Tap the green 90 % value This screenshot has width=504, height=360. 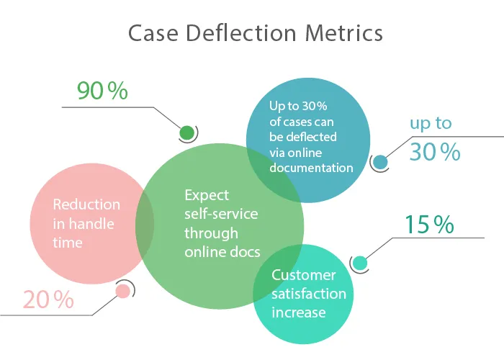[102, 91]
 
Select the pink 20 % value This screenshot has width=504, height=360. [48, 300]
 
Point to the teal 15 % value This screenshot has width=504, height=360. [429, 225]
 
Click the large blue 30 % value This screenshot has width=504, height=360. [434, 152]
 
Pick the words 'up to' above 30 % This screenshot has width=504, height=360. [431, 123]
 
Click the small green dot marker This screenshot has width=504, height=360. [187, 132]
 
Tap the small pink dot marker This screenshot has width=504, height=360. [123, 291]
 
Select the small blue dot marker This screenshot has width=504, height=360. [380, 162]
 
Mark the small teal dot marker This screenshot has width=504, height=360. [359, 263]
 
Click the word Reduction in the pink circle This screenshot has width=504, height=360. [86, 204]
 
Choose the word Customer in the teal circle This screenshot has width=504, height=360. [303, 275]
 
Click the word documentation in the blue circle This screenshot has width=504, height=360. [311, 168]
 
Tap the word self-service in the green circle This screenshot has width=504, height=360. [221, 214]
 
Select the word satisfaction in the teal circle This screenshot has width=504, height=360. [308, 294]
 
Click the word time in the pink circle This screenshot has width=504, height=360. [68, 243]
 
